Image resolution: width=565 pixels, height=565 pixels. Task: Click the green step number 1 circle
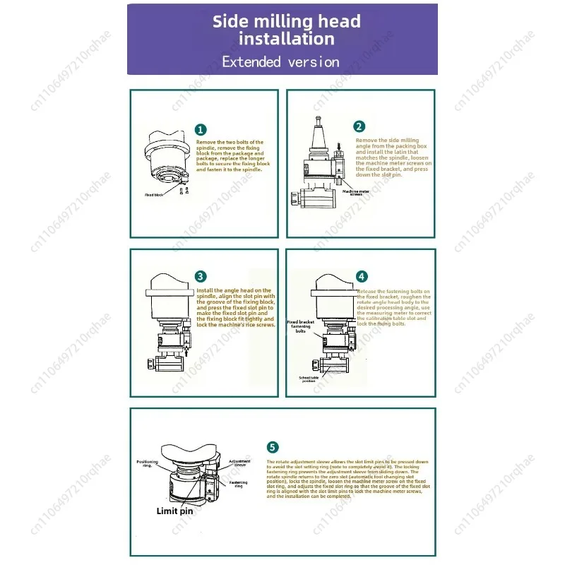(x=201, y=129)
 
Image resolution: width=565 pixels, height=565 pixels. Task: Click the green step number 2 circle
(x=359, y=126)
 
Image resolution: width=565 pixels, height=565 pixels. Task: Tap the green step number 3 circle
(x=201, y=276)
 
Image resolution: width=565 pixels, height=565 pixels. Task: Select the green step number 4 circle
(x=362, y=277)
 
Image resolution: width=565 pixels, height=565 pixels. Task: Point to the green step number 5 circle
(x=273, y=446)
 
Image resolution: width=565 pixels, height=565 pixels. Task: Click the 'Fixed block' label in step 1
(x=154, y=194)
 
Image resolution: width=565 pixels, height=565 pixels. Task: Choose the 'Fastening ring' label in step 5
(x=239, y=484)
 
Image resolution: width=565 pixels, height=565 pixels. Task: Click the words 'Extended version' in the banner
(x=281, y=61)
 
